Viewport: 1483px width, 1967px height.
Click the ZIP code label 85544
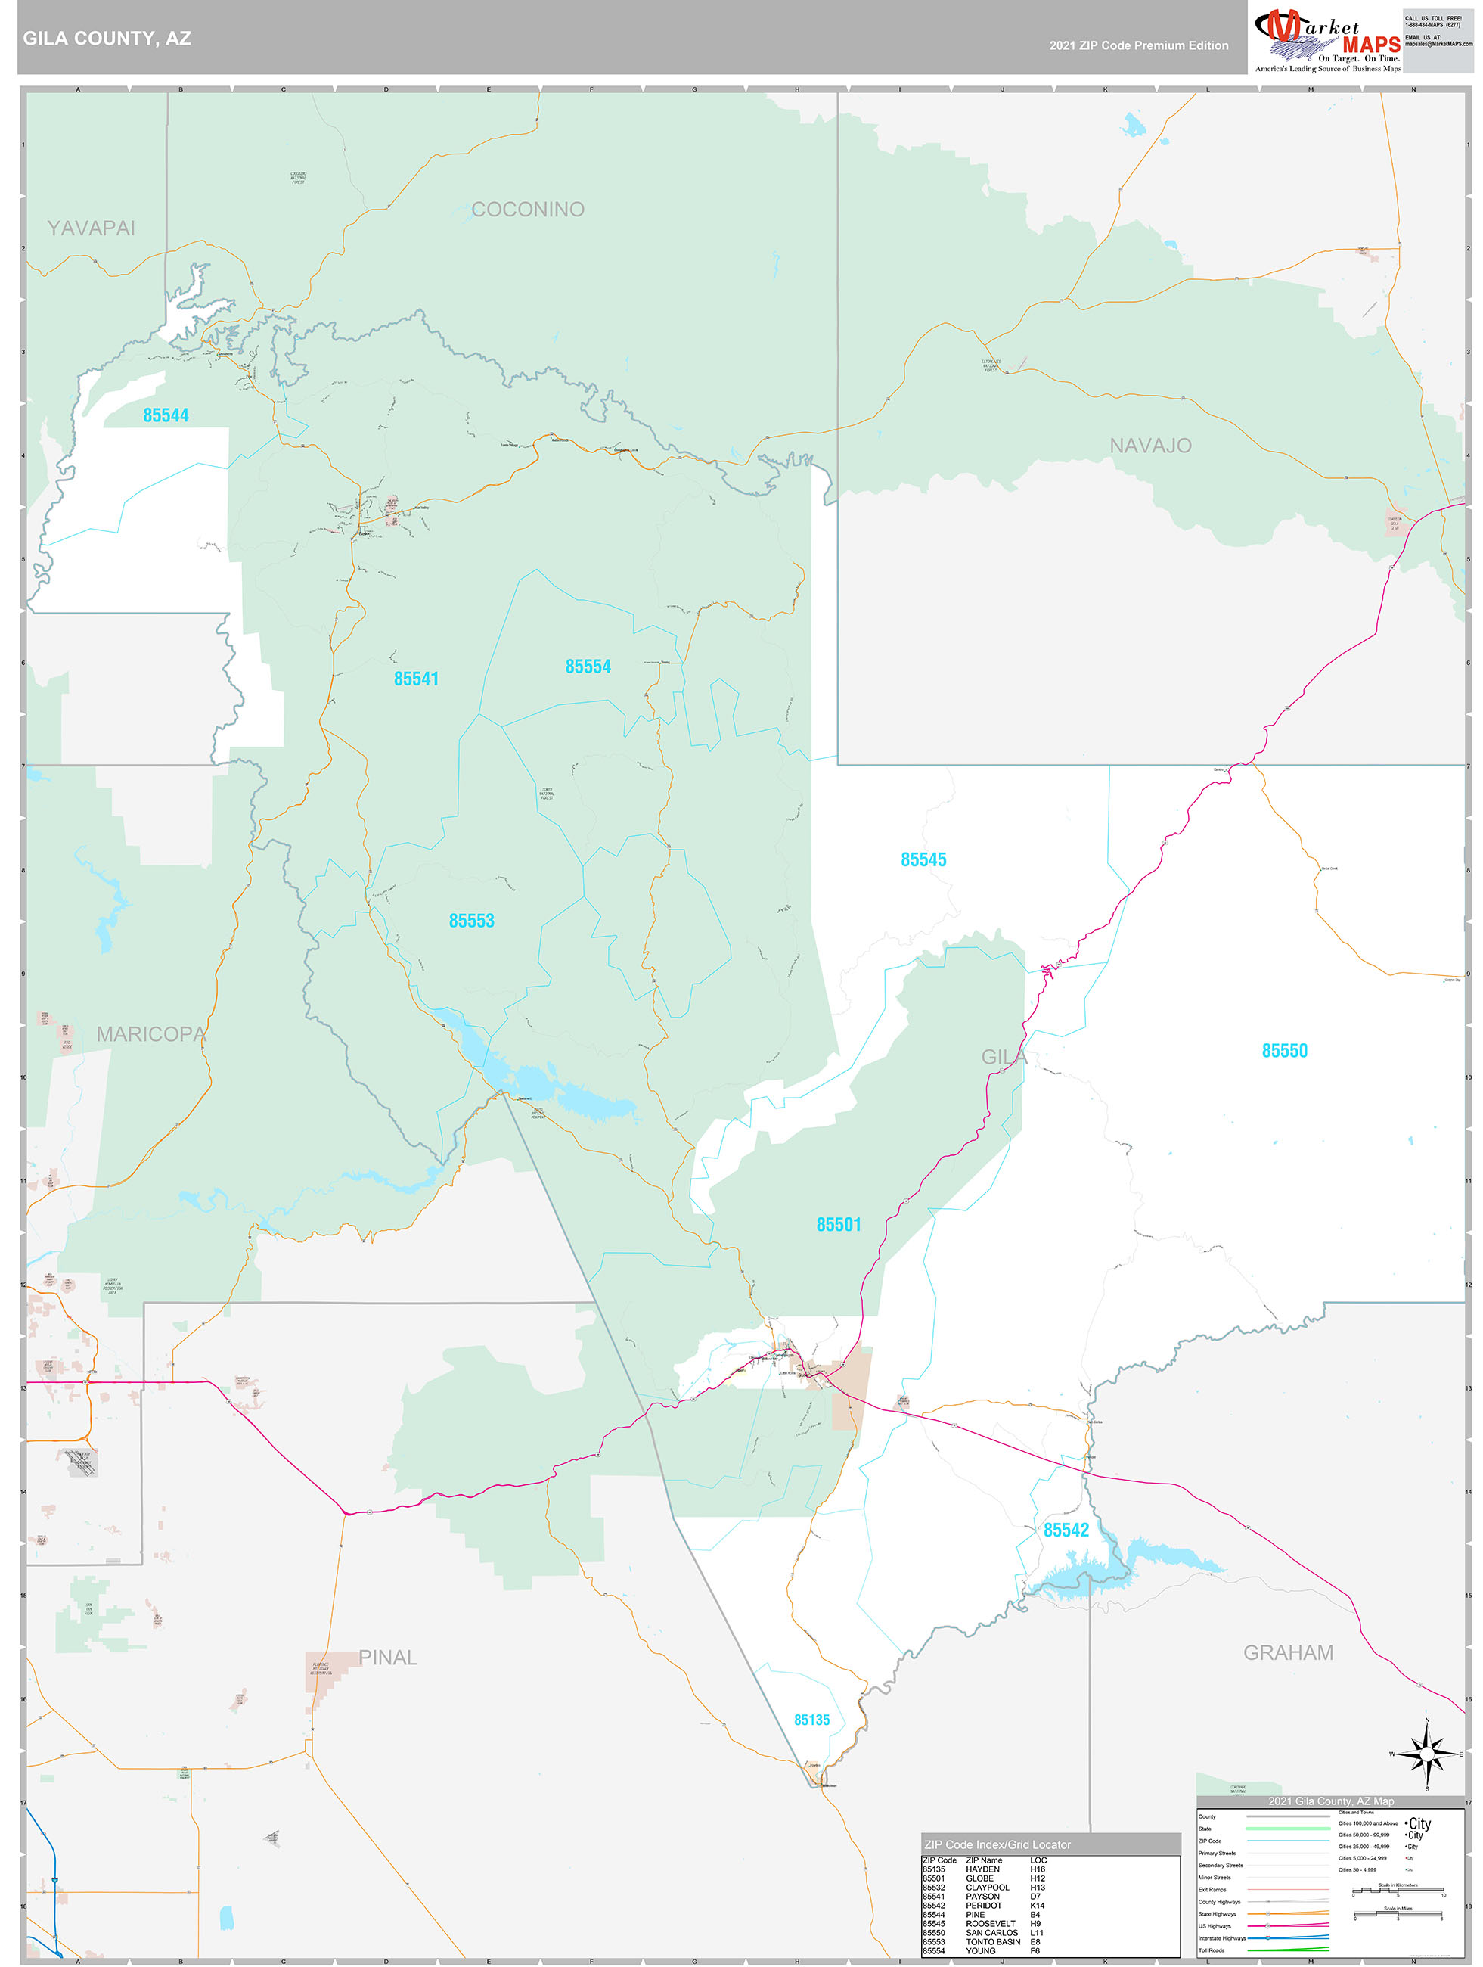[x=166, y=415]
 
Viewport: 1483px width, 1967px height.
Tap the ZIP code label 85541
[x=416, y=679]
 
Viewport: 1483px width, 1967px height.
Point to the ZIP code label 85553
[x=471, y=921]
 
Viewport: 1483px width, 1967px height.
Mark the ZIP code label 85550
[x=1284, y=1051]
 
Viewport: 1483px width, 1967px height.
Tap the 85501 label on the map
[x=839, y=1225]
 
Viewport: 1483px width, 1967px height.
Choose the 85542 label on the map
[x=1066, y=1530]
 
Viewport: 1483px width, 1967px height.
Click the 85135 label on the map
[x=811, y=1720]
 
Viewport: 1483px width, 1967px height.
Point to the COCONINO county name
[x=527, y=210]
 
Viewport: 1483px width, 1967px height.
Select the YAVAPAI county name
[x=91, y=228]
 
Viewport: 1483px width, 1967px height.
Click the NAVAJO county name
[x=1149, y=446]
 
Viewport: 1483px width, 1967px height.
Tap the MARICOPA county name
[x=151, y=1034]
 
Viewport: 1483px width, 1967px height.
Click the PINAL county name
[x=388, y=1658]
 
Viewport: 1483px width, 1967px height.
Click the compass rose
[x=1426, y=1754]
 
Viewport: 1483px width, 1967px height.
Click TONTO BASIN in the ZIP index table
[x=992, y=1941]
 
